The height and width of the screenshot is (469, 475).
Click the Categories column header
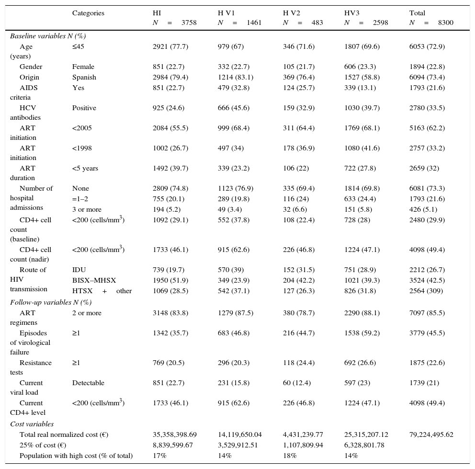pyautogui.click(x=88, y=13)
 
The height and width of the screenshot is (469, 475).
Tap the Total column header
pyautogui.click(x=417, y=13)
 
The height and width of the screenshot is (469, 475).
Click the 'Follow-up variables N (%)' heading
pyautogui.click(x=51, y=302)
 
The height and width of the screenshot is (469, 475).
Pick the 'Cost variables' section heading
pyautogui.click(x=32, y=424)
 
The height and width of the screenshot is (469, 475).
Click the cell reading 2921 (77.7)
pyautogui.click(x=170, y=46)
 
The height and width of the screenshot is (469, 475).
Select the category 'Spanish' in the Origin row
pyautogui.click(x=84, y=77)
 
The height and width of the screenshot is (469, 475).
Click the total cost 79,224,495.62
pyautogui.click(x=431, y=435)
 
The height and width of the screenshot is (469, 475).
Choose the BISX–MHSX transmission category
pyautogui.click(x=94, y=280)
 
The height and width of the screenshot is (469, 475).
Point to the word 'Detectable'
pyautogui.click(x=88, y=383)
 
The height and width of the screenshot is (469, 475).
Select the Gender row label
pyautogui.click(x=31, y=67)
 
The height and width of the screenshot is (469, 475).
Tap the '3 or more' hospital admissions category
pyautogui.click(x=87, y=209)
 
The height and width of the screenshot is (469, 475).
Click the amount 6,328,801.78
pyautogui.click(x=366, y=445)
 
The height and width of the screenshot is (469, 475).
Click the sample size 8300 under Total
pyautogui.click(x=445, y=23)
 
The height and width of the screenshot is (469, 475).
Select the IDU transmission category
pyautogui.click(x=79, y=270)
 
